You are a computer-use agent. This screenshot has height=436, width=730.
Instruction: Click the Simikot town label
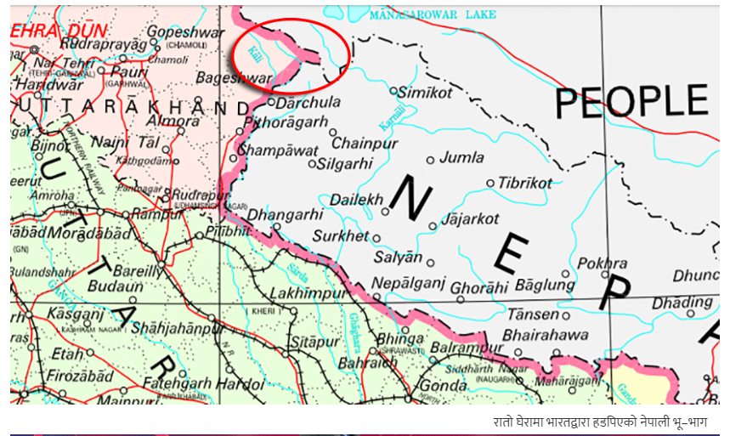pos(425,92)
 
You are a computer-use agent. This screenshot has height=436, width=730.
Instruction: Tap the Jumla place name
pos(461,157)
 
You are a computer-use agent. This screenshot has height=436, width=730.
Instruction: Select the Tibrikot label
pos(524,183)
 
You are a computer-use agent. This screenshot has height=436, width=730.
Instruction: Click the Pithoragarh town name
pos(286,122)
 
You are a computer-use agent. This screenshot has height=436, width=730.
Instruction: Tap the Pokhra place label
pos(602,263)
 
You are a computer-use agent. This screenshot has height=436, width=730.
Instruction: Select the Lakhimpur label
pos(308,293)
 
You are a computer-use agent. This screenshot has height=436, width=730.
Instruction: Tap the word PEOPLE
pos(631,101)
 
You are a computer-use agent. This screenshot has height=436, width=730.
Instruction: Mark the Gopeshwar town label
pos(185,31)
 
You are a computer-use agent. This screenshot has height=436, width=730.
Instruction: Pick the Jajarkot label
pos(470,218)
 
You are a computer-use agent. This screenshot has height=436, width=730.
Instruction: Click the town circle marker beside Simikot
pos(393,89)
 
